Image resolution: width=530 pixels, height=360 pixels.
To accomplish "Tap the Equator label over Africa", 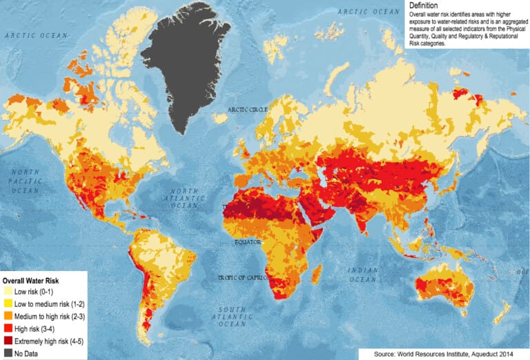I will [x=248, y=242].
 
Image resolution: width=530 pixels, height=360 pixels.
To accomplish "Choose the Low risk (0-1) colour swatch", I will [x=8, y=292].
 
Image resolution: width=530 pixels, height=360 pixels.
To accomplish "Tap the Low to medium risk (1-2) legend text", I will [x=48, y=303].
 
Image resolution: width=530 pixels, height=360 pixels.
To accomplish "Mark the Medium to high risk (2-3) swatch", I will [x=8, y=316].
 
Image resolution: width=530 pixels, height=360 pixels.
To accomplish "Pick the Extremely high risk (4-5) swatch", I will [x=8, y=340].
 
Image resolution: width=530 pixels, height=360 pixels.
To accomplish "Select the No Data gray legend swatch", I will [x=8, y=352].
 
